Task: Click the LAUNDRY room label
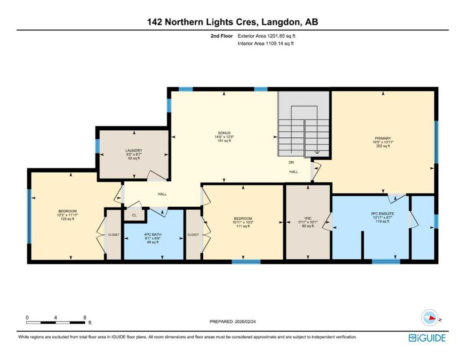[x=134, y=151]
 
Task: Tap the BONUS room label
[x=224, y=133]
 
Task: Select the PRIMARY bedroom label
[x=383, y=138]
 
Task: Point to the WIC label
[x=308, y=218]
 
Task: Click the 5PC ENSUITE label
[x=382, y=214]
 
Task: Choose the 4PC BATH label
[x=153, y=234]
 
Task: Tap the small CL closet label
[x=134, y=215]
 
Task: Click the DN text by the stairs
[x=291, y=162]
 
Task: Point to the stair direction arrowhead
[x=317, y=152]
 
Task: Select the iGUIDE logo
[x=427, y=338]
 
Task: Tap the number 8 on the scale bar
[x=85, y=317]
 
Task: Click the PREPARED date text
[x=232, y=321]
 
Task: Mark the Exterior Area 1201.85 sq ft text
[x=266, y=36]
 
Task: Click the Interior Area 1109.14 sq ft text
[x=265, y=43]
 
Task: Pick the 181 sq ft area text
[x=224, y=141]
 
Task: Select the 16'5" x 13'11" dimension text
[x=383, y=142]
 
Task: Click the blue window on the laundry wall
[x=97, y=146]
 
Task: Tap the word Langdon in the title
[x=280, y=22]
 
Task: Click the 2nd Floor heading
[x=222, y=36]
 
